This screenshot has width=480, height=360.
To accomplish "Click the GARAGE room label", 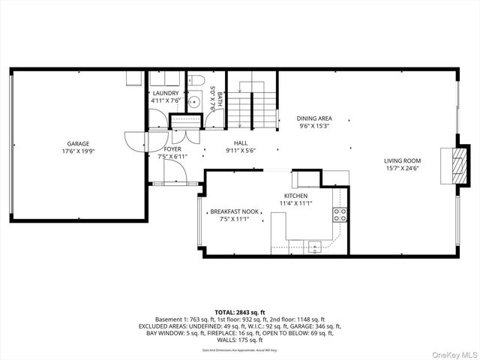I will pos(78,143).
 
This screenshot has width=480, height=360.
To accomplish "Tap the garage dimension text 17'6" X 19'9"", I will pos(78,151).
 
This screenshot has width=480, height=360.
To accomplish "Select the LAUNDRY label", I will pos(165,94).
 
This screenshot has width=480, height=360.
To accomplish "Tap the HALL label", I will pos(241,143).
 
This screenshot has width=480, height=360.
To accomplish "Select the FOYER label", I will pos(172,148).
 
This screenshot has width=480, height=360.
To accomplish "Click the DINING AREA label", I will pos(314,118).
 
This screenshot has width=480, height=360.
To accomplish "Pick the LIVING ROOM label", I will pos(402,160).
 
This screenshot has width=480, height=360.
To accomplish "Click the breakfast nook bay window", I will pos(199,221).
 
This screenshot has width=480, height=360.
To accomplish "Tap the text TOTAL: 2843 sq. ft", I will pos(240,312).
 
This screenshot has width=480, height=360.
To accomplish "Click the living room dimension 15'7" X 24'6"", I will pos(402,169).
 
